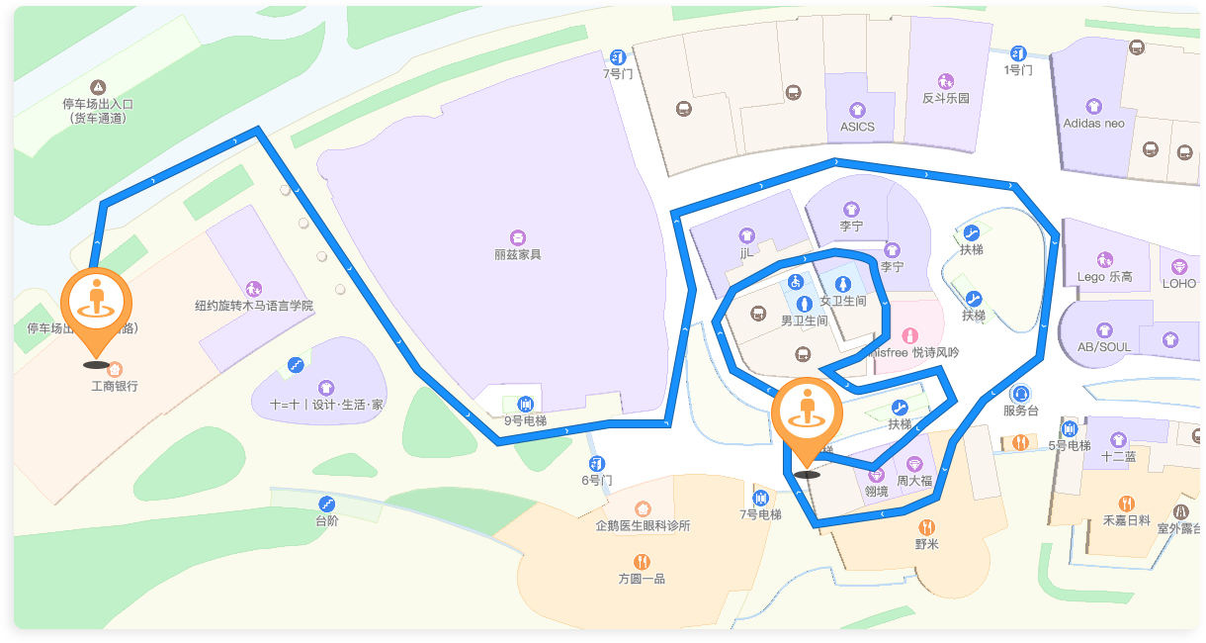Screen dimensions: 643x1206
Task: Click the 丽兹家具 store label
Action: (518, 254)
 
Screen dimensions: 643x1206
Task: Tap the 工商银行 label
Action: (115, 386)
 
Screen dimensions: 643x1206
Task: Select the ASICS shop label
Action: (857, 127)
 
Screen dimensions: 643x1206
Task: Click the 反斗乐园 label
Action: (946, 98)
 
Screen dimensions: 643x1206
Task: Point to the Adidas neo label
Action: (1093, 124)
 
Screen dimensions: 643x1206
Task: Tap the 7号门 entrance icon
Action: (618, 57)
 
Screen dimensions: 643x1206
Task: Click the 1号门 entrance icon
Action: (1018, 53)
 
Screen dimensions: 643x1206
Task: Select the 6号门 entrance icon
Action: (597, 464)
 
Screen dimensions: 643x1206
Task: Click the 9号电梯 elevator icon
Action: (525, 404)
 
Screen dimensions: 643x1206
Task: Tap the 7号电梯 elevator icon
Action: (760, 498)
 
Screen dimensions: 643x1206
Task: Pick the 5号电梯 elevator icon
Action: (1070, 429)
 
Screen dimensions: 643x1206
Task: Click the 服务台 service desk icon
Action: (1020, 394)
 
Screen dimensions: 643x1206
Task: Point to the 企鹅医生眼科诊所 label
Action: (643, 525)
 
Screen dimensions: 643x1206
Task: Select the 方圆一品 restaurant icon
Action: (642, 561)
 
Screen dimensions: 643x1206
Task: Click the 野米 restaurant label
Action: (926, 544)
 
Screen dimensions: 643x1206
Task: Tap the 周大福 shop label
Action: (914, 481)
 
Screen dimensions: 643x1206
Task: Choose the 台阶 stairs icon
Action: (327, 504)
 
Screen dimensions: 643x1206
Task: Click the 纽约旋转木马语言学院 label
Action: (254, 306)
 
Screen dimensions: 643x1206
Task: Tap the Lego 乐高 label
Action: (1105, 277)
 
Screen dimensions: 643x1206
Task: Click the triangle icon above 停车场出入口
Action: (98, 87)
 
